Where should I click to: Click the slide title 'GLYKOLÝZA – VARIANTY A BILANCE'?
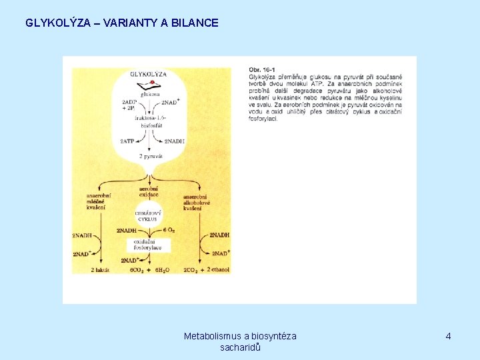122,23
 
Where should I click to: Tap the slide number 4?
448,336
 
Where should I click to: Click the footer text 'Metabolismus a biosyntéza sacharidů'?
240,341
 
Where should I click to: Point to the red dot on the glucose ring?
153,83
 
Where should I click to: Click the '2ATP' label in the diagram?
127,141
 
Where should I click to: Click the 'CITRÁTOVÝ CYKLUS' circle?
148,215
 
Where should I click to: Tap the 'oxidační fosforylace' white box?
148,245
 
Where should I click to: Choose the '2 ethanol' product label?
218,269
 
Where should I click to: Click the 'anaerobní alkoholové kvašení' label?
195,203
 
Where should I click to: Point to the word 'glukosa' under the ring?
150,94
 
